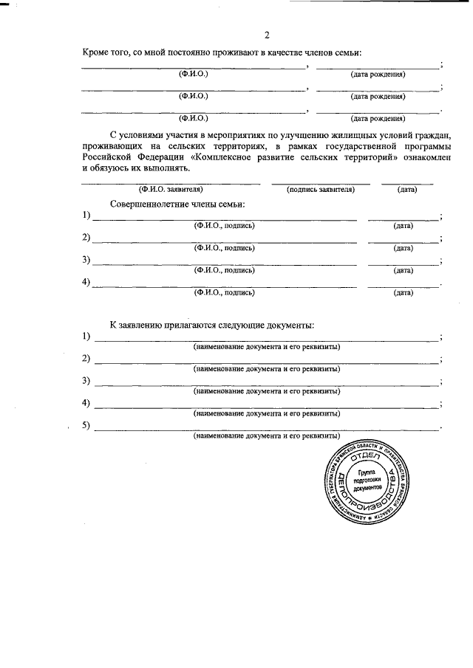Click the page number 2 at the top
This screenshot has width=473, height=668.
click(x=268, y=34)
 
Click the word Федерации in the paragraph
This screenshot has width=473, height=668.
click(x=160, y=158)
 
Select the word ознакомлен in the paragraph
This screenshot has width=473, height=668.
click(x=423, y=158)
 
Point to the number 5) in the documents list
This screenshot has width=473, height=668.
click(x=86, y=425)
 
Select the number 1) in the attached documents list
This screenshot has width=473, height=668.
click(x=86, y=337)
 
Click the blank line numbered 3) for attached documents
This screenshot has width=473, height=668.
click(x=266, y=382)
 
